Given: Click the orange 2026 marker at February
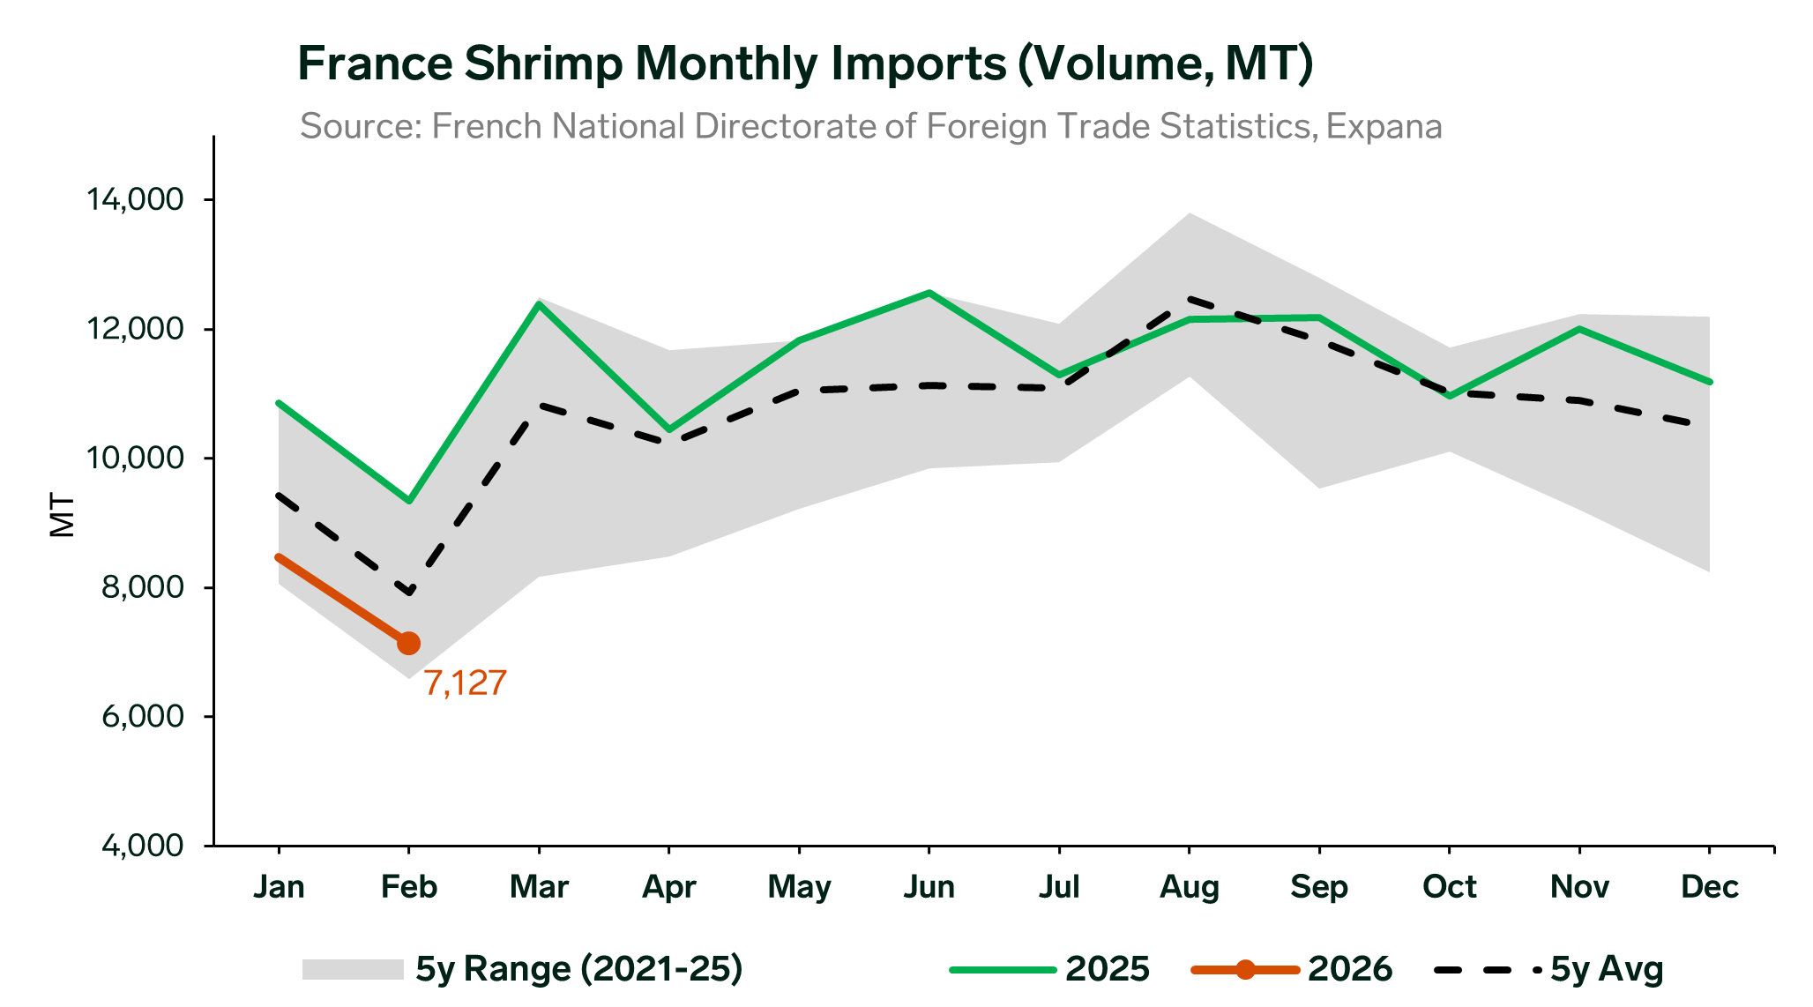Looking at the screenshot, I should coord(408,643).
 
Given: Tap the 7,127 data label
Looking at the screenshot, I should coord(466,683).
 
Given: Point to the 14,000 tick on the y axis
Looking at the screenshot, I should coord(134,200).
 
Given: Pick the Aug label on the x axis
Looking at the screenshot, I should coord(1189,886).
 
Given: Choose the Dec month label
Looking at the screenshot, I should coord(1710,886).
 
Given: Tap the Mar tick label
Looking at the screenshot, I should coord(539,886).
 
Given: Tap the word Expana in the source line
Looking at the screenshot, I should coord(1384,126).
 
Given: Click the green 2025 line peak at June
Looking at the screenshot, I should coord(929,292).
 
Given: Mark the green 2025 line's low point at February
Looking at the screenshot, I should coord(408,501).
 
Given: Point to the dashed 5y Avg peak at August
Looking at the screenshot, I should coord(1189,298).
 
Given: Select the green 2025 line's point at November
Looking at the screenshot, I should coord(1579,329).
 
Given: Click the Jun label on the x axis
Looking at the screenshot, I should coord(929,886).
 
